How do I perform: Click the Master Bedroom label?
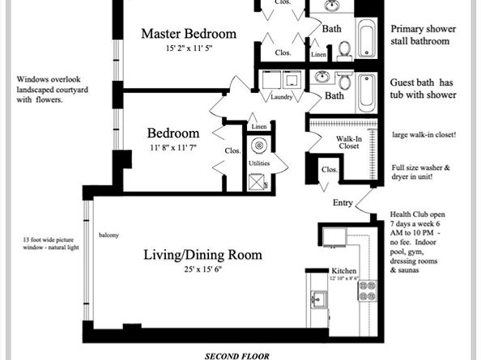click(189, 33)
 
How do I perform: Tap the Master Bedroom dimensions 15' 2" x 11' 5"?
click(189, 48)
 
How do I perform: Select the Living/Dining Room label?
click(202, 255)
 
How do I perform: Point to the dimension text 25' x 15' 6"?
click(202, 269)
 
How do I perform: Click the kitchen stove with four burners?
click(367, 290)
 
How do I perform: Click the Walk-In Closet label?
click(349, 142)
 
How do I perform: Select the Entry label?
click(343, 203)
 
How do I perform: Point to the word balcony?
click(109, 235)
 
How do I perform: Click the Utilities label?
click(259, 163)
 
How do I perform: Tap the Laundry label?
click(281, 97)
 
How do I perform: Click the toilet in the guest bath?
click(345, 81)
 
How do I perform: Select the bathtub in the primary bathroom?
click(367, 37)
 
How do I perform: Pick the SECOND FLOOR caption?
click(237, 356)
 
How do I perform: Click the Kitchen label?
click(344, 271)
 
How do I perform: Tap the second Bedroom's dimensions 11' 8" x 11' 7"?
click(173, 148)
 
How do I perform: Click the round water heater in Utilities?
click(259, 146)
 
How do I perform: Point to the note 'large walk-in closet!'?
click(424, 135)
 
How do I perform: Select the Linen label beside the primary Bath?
click(318, 54)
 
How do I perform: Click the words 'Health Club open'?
click(418, 214)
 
